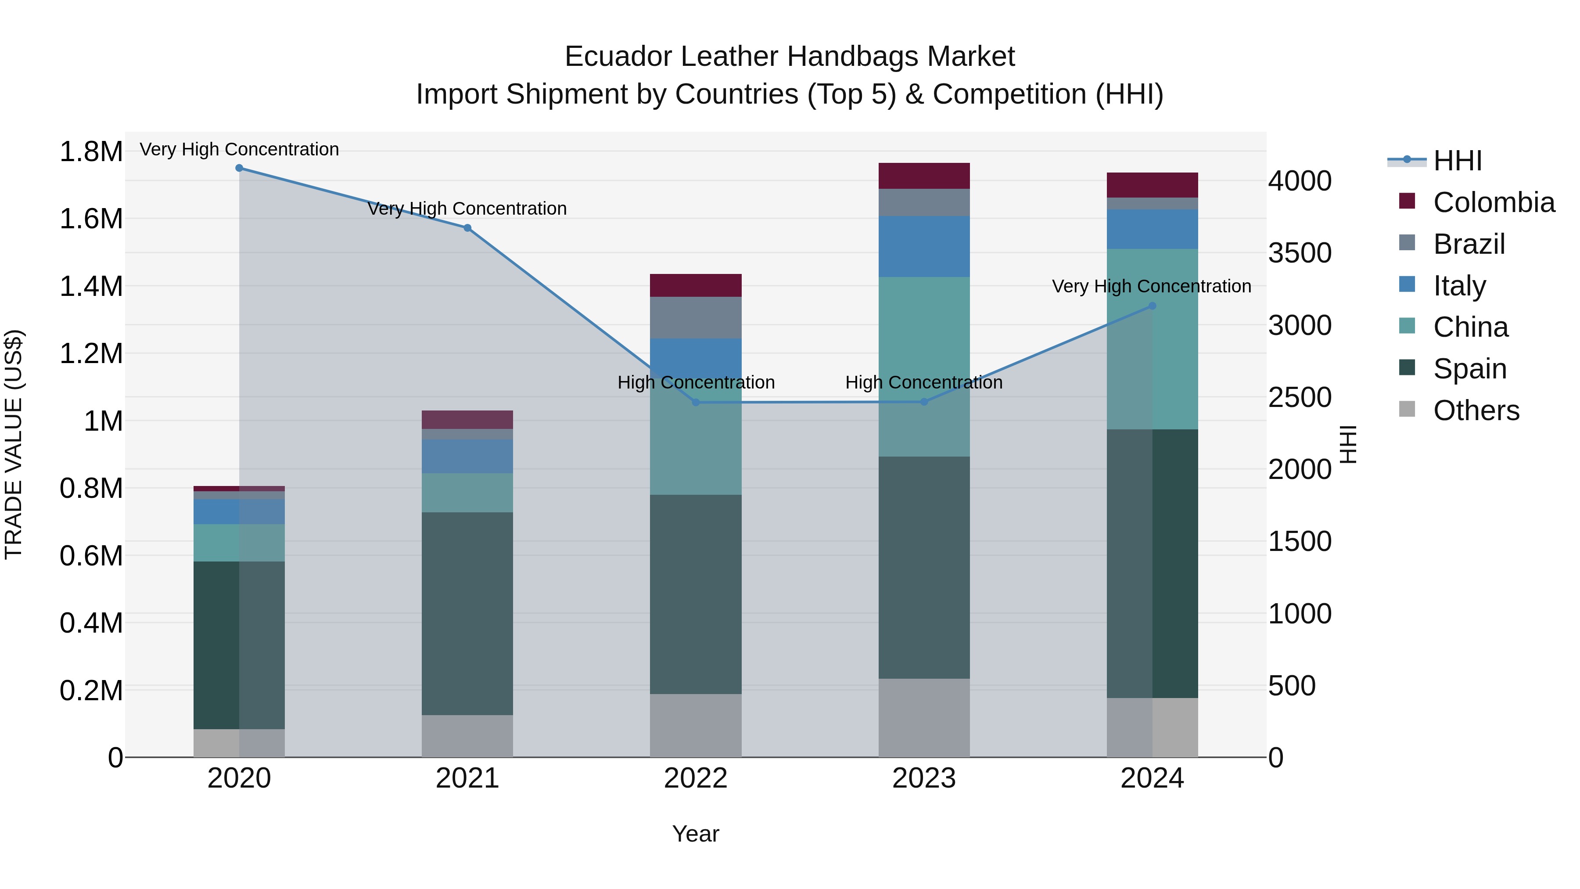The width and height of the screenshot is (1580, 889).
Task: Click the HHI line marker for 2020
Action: [x=239, y=168]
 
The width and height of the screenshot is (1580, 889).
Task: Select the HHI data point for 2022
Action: [x=696, y=403]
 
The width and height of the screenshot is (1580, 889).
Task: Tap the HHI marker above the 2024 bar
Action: [x=1152, y=306]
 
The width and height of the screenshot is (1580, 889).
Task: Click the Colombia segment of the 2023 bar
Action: [x=924, y=176]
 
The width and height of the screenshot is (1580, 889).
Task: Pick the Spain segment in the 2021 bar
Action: [x=467, y=614]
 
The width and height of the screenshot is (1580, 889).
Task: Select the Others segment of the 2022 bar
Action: [x=696, y=725]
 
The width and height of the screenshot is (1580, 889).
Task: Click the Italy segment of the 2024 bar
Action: [x=1152, y=229]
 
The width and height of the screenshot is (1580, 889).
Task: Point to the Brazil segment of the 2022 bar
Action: [x=696, y=318]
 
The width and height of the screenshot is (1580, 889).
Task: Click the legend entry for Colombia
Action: [x=1493, y=202]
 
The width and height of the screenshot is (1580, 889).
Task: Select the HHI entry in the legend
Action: [x=1457, y=161]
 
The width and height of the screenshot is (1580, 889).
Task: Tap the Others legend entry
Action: [x=1476, y=410]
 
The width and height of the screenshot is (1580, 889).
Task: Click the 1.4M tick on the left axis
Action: [x=91, y=287]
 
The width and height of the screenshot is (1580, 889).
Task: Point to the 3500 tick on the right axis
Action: [x=1300, y=253]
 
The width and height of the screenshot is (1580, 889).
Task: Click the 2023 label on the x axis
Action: [x=924, y=778]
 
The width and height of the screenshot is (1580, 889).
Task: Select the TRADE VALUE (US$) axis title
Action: [x=14, y=444]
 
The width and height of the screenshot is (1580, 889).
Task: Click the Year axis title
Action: [x=696, y=834]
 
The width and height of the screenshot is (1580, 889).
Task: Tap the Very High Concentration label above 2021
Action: [x=467, y=209]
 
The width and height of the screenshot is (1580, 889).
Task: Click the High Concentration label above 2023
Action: [x=924, y=382]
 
